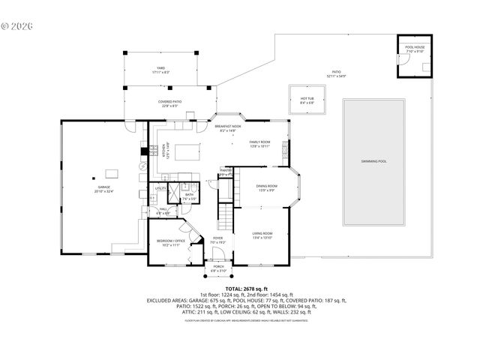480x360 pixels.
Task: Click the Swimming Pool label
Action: [373, 161]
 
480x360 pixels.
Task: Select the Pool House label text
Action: [415, 46]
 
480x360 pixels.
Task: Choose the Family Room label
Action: [259, 143]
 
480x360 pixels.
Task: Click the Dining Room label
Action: [268, 187]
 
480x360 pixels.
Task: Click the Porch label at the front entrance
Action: [219, 268]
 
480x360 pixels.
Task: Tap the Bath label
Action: [190, 196]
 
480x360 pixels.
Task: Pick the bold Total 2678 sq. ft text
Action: [240, 287]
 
